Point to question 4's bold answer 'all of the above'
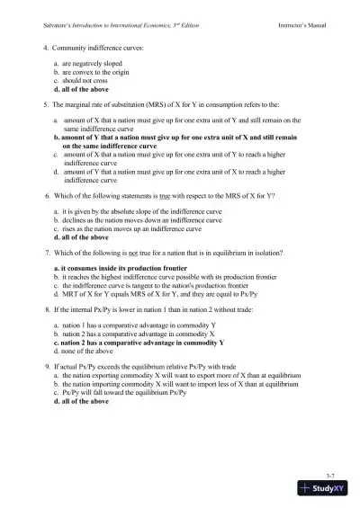[x=82, y=91]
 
